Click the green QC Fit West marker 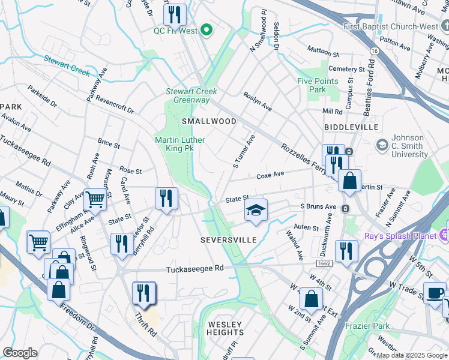(x=207, y=30)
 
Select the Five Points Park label (x=318, y=85)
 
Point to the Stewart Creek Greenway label (x=191, y=95)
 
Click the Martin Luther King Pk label (x=182, y=143)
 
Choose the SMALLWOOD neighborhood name (x=209, y=121)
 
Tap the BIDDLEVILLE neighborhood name (x=351, y=128)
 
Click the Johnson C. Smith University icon (x=382, y=145)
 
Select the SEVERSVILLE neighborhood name (x=228, y=240)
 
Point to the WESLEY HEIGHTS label (x=226, y=328)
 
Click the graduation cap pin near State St (x=256, y=211)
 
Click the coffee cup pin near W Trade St (x=435, y=293)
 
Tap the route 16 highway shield (x=373, y=52)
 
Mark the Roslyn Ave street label (x=258, y=101)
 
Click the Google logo (x=20, y=353)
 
